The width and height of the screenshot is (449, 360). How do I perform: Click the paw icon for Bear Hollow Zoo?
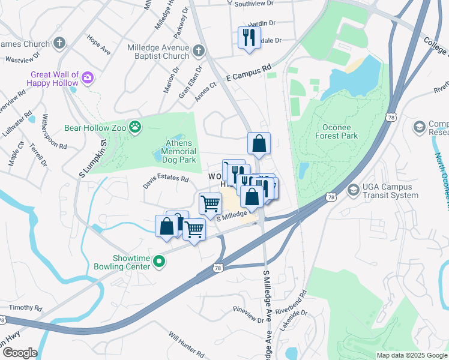(x=137, y=127)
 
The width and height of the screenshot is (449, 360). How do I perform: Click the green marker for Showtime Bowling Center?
(x=159, y=260)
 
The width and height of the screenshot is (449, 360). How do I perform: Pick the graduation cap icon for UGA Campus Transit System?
(x=354, y=190)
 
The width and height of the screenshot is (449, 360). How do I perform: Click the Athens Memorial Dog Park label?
(x=179, y=151)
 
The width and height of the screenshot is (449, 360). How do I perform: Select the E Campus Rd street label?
(x=249, y=73)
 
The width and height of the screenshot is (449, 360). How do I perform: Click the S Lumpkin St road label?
(x=93, y=159)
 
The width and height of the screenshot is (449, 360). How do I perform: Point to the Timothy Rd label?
(x=25, y=307)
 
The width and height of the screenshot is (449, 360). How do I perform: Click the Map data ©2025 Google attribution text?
(x=411, y=355)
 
